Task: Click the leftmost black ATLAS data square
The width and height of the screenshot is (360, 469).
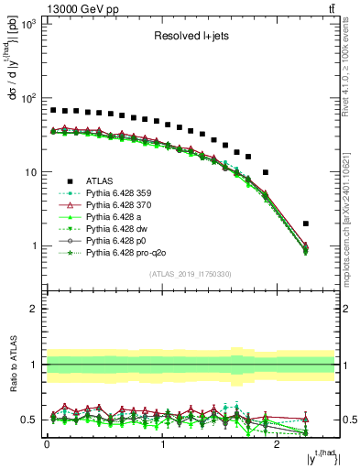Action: [53, 110]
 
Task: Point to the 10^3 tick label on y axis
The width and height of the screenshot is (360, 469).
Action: [27, 23]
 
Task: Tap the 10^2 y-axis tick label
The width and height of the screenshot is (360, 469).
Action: [27, 97]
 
